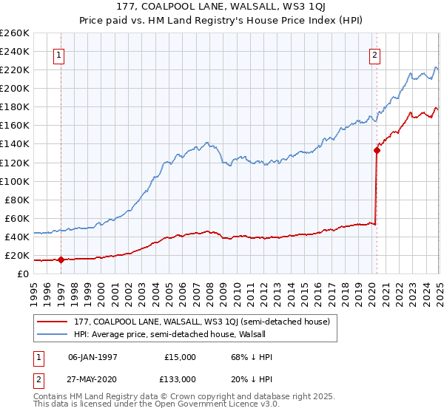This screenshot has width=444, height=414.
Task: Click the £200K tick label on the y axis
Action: [15, 88]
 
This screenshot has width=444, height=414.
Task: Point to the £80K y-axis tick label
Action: [17, 200]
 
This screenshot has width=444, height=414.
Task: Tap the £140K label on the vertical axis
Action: [15, 144]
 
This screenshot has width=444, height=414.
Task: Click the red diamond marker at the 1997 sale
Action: [61, 259]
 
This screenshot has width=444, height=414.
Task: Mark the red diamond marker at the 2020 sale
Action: [377, 150]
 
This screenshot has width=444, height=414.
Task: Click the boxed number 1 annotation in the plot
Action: [58, 54]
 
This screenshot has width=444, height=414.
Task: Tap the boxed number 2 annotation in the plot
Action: [375, 54]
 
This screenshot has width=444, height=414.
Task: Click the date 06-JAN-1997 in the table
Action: [92, 357]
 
